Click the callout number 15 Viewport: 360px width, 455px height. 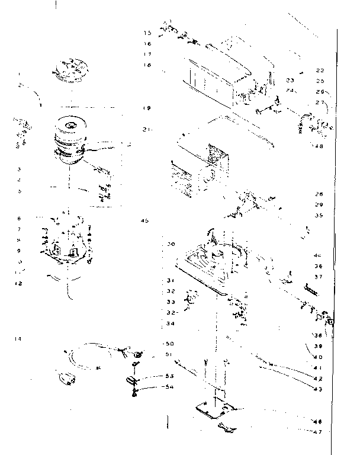(x=147, y=32)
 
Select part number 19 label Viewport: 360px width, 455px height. (x=147, y=108)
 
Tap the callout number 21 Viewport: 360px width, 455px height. (x=147, y=129)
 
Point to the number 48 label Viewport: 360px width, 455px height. (x=319, y=146)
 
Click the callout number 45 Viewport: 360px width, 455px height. (x=146, y=220)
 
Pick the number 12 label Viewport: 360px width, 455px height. (x=19, y=284)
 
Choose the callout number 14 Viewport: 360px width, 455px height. (x=19, y=339)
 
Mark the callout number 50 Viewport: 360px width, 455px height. (x=169, y=344)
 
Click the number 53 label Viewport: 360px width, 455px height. (x=170, y=376)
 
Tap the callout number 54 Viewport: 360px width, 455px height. (x=170, y=387)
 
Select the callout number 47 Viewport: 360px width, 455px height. (x=317, y=432)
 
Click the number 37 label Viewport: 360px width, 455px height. (x=318, y=277)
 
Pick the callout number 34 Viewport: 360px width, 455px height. (x=170, y=323)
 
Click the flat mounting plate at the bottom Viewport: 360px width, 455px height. (x=216, y=409)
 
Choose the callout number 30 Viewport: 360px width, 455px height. (x=171, y=244)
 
